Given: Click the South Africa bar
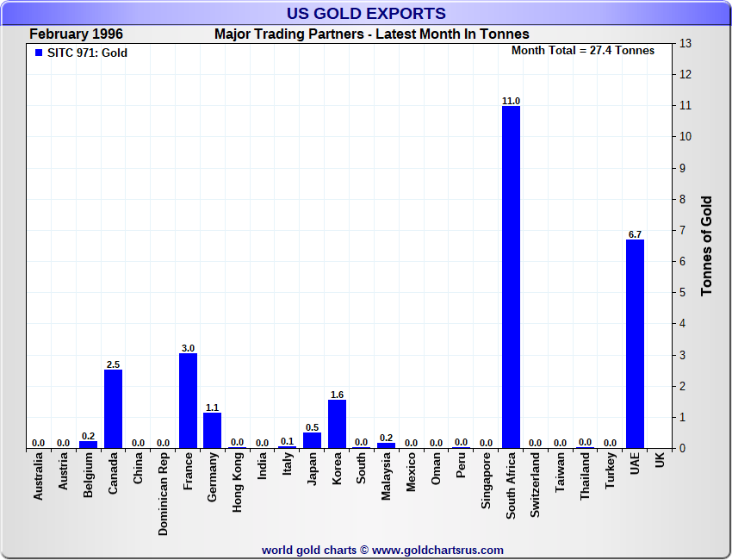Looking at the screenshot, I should coord(511,277).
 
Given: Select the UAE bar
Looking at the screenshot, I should coord(635,344).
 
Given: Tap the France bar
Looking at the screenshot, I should coord(188,401).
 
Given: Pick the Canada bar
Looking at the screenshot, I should coord(113,408).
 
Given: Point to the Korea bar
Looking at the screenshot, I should coord(337,423).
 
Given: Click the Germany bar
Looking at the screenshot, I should coord(212,430).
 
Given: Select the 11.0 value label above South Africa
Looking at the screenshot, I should coord(511,101).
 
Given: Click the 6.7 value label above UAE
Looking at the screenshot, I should coord(635,234).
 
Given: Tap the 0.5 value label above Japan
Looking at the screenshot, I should coord(312,427).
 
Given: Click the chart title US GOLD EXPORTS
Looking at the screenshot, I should coord(366,13).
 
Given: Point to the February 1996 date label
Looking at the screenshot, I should coord(76,34).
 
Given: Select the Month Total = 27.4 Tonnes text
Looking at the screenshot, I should coord(583,51).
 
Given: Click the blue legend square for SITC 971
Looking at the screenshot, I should coord(38,53).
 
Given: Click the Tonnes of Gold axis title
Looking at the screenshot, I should coord(707,246).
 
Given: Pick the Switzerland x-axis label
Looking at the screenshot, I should coord(536,487).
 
